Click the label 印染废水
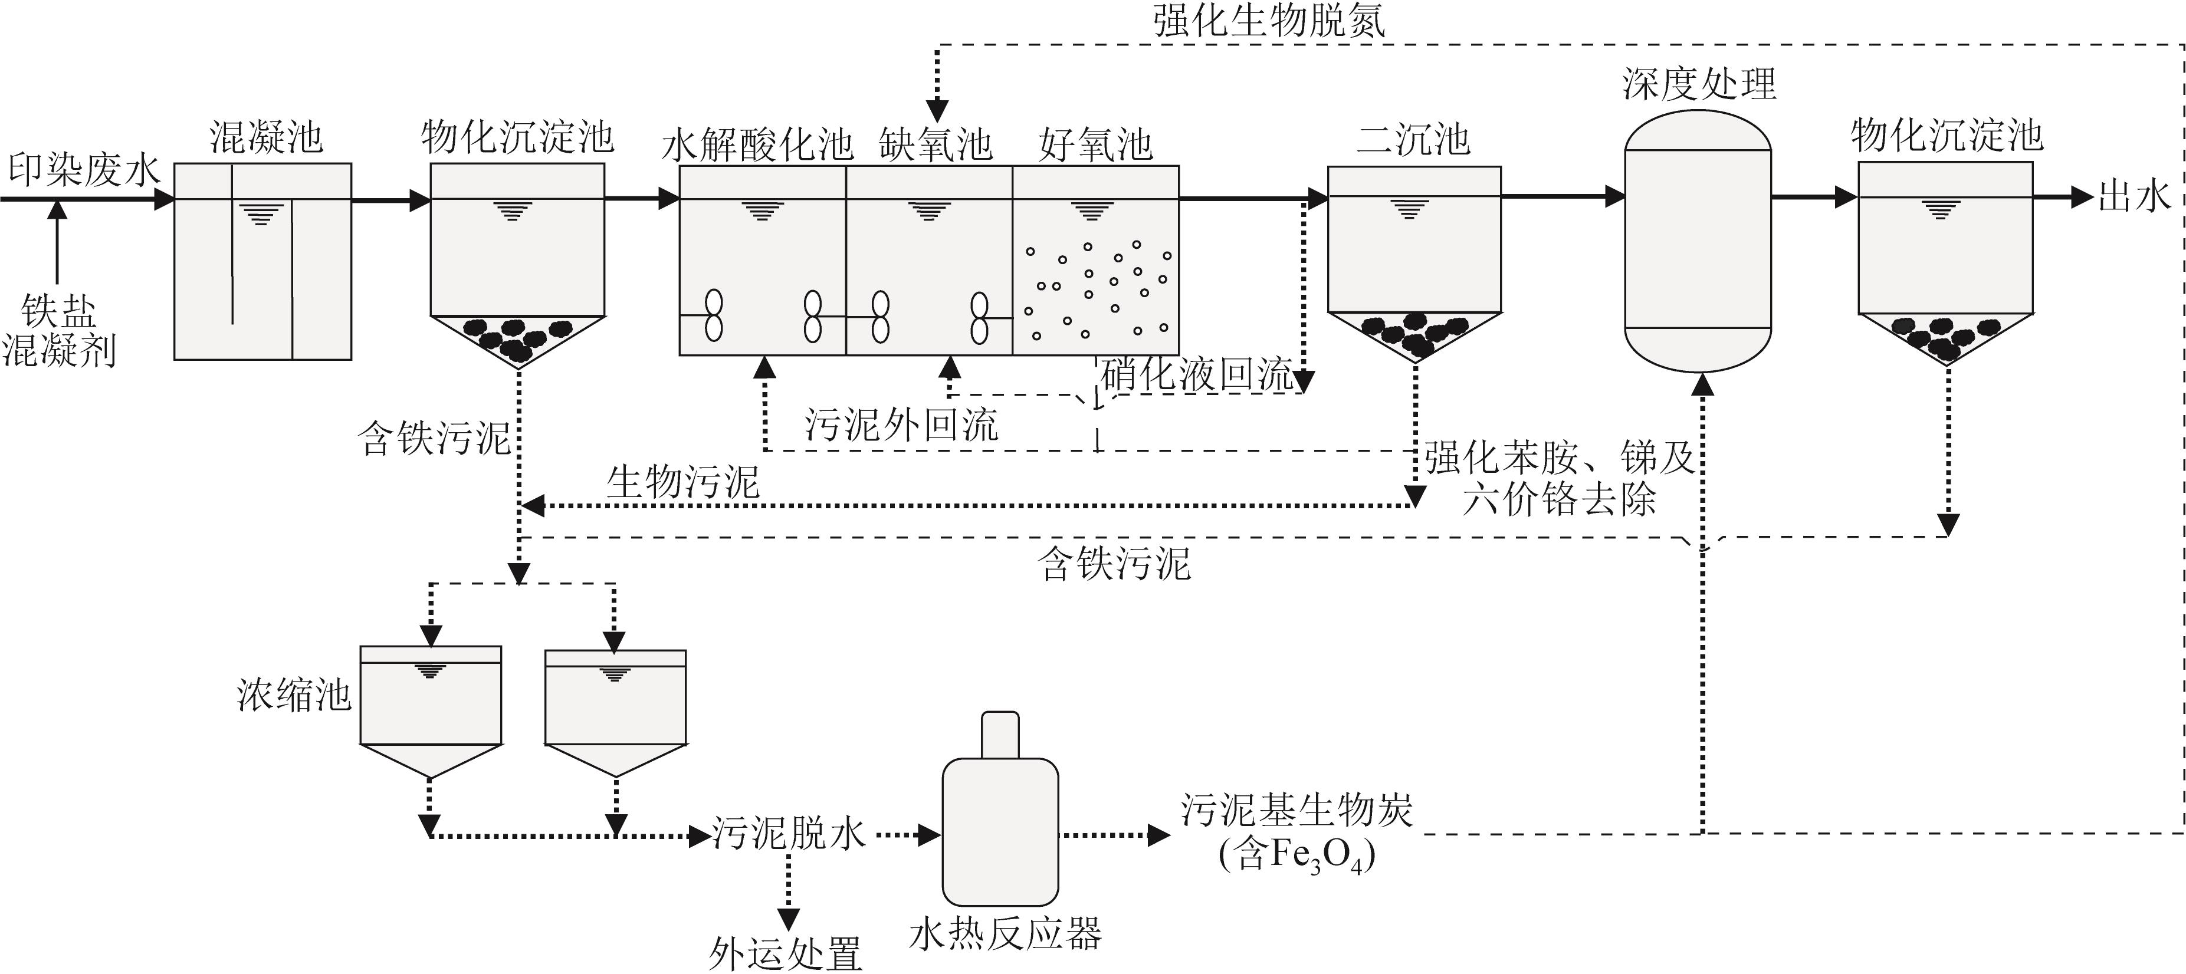[83, 170]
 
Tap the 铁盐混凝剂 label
[58, 331]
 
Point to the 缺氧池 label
[935, 145]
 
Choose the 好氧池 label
[1095, 145]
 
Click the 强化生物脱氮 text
[1269, 21]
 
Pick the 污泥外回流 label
[901, 425]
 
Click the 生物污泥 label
[682, 482]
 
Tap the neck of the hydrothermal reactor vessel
[1000, 735]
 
